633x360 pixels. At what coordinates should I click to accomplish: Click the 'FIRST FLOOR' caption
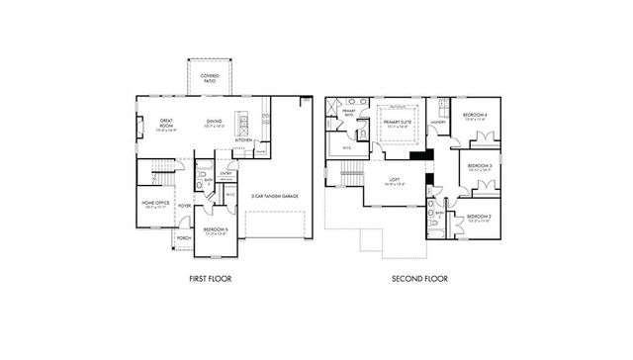click(x=210, y=280)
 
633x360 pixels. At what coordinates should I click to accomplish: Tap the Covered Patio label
click(x=211, y=77)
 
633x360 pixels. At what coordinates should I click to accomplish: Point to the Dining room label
click(x=215, y=124)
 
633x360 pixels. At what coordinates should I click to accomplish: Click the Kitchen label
click(x=243, y=140)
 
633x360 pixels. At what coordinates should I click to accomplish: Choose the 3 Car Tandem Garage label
click(x=275, y=196)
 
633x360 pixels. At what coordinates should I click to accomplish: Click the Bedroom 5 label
click(x=217, y=230)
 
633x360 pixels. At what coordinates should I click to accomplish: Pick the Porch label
click(x=184, y=238)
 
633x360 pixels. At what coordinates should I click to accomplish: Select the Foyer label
click(x=184, y=206)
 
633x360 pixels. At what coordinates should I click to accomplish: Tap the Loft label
click(x=393, y=181)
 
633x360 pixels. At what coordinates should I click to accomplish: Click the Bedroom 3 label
click(x=479, y=167)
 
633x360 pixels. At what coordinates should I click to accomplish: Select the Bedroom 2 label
click(x=479, y=218)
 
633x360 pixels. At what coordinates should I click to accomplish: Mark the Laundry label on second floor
click(x=437, y=122)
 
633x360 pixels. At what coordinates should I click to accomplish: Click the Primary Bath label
click(x=349, y=112)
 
